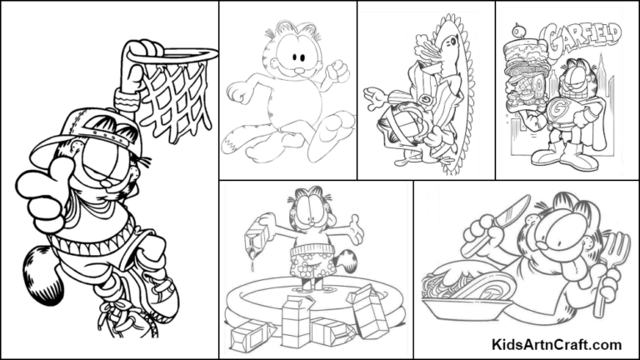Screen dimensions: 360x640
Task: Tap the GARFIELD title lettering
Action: (584, 37)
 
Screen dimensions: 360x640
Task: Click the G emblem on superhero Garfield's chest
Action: (572, 109)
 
